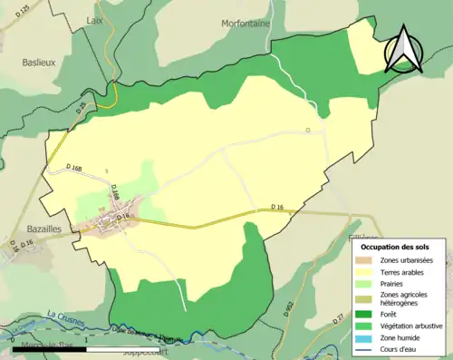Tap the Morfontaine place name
(246, 24)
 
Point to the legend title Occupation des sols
(395, 246)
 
